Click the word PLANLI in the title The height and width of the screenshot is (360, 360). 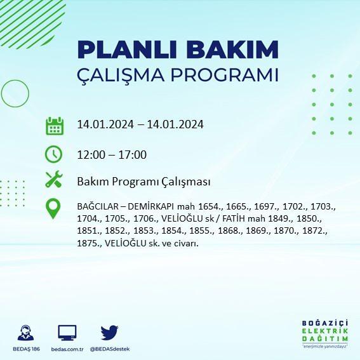coord(127,50)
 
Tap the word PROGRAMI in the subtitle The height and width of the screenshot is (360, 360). coord(224,75)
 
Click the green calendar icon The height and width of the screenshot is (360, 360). coord(55,126)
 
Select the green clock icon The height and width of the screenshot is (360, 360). coord(53,154)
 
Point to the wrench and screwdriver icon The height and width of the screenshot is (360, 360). coord(54,179)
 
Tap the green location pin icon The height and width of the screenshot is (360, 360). coord(53,208)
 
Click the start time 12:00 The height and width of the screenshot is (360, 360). coord(91,155)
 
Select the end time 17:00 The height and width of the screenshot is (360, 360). coord(133,155)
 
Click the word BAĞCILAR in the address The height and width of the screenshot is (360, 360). coord(98,206)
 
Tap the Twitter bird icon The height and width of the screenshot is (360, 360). coord(109,333)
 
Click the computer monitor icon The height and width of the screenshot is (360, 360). coord(67,333)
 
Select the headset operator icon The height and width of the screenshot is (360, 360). coord(25,333)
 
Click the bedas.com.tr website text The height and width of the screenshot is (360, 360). coord(67,349)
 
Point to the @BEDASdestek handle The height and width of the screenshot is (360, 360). coord(110,349)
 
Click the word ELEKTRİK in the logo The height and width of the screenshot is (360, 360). coord(324,331)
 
